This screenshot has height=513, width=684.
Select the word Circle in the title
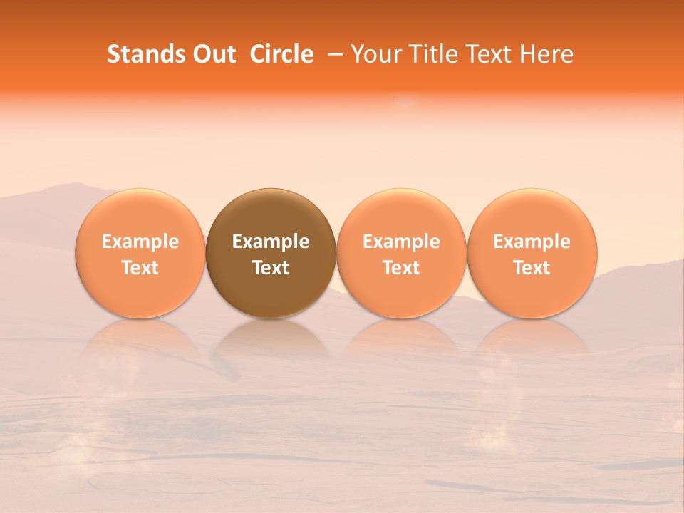tap(281, 54)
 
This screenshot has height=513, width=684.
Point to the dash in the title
tap(332, 54)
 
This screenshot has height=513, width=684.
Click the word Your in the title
tap(373, 54)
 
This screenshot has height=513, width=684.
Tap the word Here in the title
tap(546, 54)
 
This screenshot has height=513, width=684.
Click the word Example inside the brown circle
tap(271, 242)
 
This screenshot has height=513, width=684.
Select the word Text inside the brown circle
tap(271, 268)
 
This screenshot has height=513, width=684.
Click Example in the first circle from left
tap(140, 242)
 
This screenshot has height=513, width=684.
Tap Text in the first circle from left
tap(140, 268)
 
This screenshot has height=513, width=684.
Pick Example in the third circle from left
tap(401, 242)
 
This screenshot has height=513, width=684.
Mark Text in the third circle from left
tap(401, 268)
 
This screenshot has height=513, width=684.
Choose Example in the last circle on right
tap(532, 242)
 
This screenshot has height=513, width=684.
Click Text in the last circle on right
tap(532, 268)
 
